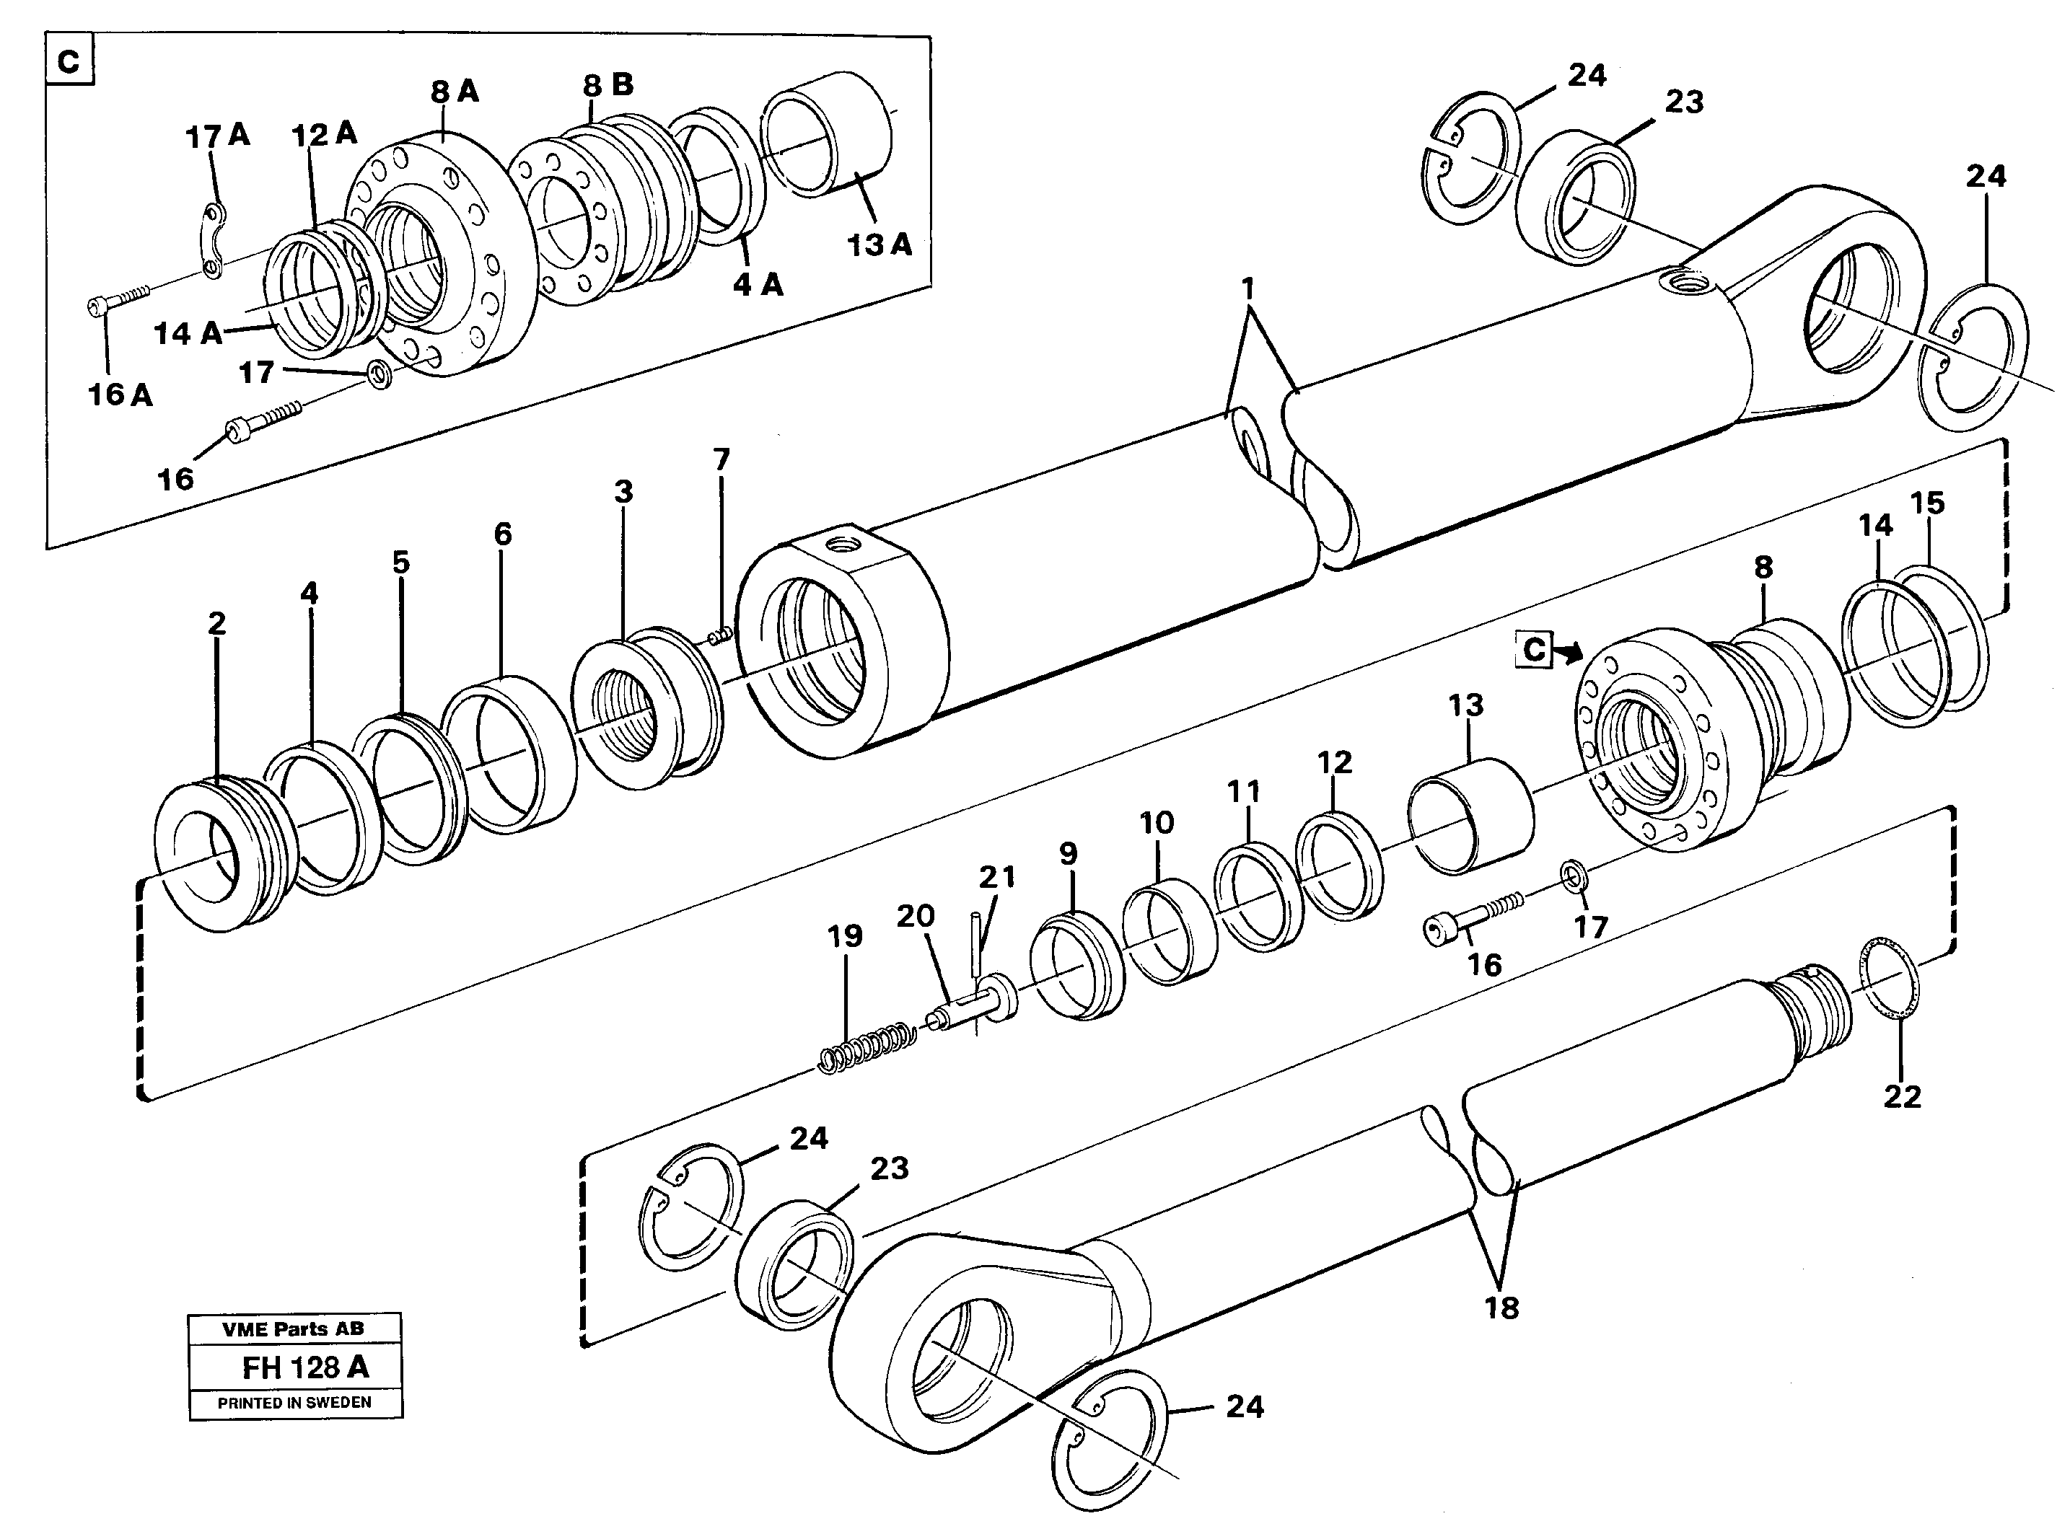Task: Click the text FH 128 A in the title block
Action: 304,1367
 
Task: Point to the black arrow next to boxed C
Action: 1567,653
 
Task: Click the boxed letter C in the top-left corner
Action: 69,63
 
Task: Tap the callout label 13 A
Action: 879,245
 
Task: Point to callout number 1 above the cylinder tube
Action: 1248,288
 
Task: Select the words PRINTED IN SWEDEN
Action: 294,1403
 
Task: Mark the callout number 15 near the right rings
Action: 1927,503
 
